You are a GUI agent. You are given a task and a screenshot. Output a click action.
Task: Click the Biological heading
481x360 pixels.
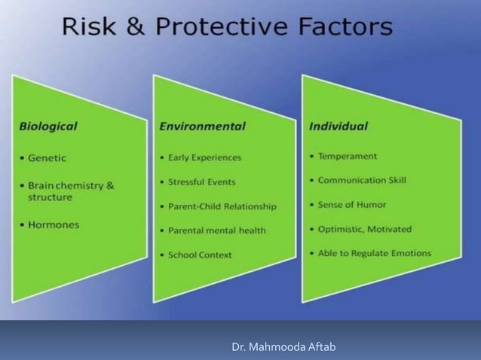[48, 126]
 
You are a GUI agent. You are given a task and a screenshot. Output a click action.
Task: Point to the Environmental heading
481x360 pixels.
[202, 126]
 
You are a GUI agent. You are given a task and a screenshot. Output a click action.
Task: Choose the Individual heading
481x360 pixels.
[339, 126]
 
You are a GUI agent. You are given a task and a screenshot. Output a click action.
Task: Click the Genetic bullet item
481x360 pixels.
[47, 157]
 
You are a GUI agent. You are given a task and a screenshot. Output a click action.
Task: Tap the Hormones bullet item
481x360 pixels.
[53, 224]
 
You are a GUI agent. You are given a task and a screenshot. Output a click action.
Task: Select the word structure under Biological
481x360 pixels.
[51, 197]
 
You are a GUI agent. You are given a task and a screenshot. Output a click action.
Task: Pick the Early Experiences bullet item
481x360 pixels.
[205, 157]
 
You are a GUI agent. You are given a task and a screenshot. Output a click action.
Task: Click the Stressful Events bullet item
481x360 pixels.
[202, 182]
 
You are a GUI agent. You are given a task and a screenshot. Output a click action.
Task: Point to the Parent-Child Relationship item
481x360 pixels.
[222, 206]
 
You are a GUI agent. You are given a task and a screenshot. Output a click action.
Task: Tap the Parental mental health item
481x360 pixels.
[217, 230]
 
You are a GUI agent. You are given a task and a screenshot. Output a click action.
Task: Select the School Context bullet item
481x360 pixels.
[201, 255]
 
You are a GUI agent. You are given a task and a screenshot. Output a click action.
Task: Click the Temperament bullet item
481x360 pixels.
[348, 156]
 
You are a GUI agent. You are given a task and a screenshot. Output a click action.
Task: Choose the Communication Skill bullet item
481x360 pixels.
[362, 180]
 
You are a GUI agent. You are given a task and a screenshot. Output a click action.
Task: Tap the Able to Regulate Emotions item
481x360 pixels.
[375, 252]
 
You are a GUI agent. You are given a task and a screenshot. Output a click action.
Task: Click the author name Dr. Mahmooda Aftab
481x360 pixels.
[283, 346]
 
